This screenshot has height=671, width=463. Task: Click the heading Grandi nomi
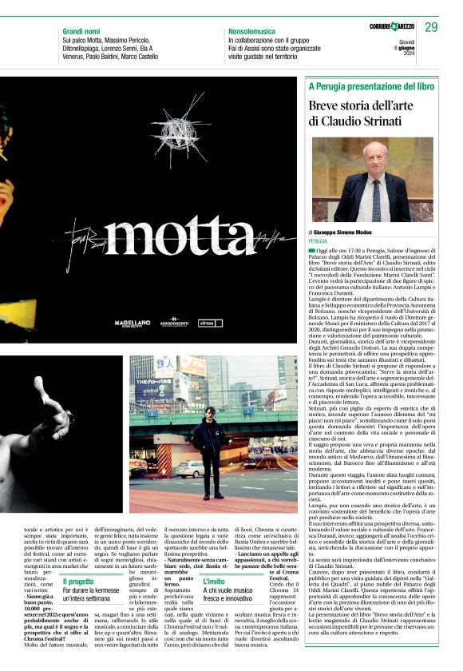(x=83, y=30)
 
